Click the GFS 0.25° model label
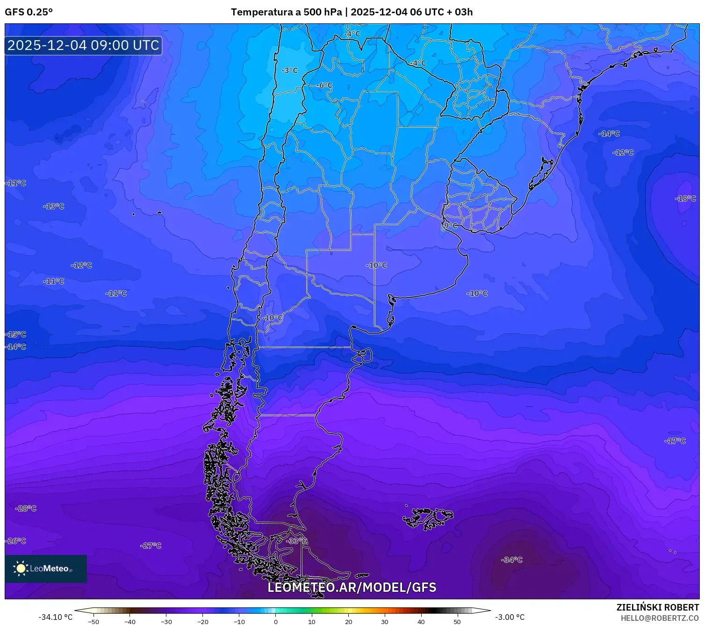click(29, 12)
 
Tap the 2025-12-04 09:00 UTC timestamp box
click(83, 45)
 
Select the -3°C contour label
click(289, 71)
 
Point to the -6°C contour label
click(324, 85)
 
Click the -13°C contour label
click(53, 206)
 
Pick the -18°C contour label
click(685, 199)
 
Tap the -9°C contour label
click(449, 226)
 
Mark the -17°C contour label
click(675, 441)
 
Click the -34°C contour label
click(512, 560)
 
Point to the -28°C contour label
click(26, 508)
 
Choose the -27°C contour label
click(151, 546)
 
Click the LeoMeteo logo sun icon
click(21, 568)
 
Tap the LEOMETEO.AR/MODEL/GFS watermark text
click(352, 588)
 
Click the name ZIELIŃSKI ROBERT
click(657, 607)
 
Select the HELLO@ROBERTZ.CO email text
click(660, 618)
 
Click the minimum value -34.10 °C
click(55, 617)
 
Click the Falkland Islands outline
click(428, 518)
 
